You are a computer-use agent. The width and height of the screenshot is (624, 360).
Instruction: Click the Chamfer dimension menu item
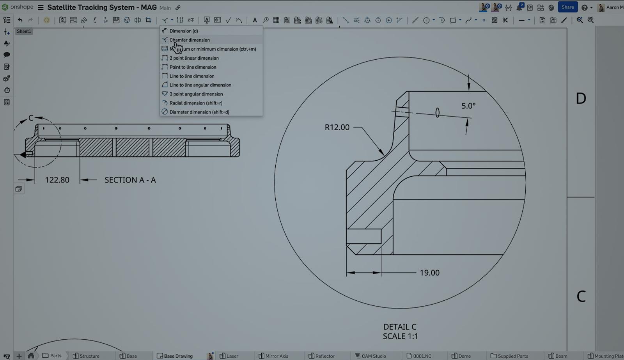[x=190, y=40]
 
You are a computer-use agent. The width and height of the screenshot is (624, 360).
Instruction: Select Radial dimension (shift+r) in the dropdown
[x=196, y=103]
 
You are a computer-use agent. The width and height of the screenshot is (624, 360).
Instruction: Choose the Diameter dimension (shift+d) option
[x=199, y=112]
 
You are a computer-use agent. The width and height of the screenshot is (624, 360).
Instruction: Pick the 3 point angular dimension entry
[x=196, y=94]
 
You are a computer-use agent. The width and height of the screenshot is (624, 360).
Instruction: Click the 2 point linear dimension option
[x=194, y=58]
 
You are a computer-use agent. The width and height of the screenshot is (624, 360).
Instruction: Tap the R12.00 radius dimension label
[x=337, y=127]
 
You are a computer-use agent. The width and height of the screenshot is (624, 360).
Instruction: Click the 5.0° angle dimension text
[x=468, y=106]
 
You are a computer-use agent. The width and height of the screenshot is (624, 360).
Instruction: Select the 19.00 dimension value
[x=429, y=273]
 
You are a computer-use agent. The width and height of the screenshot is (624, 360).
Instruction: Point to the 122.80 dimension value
[x=57, y=180]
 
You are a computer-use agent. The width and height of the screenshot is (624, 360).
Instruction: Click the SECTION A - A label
[x=130, y=180]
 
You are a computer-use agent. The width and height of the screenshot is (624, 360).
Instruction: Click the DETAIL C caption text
[x=400, y=327]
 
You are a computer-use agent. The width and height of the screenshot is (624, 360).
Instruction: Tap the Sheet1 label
[x=24, y=31]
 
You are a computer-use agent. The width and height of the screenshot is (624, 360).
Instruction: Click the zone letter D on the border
[x=581, y=98]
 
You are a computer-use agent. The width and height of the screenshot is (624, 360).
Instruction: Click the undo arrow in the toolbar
[x=20, y=20]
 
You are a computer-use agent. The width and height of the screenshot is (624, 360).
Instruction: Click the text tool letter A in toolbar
[x=255, y=20]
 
